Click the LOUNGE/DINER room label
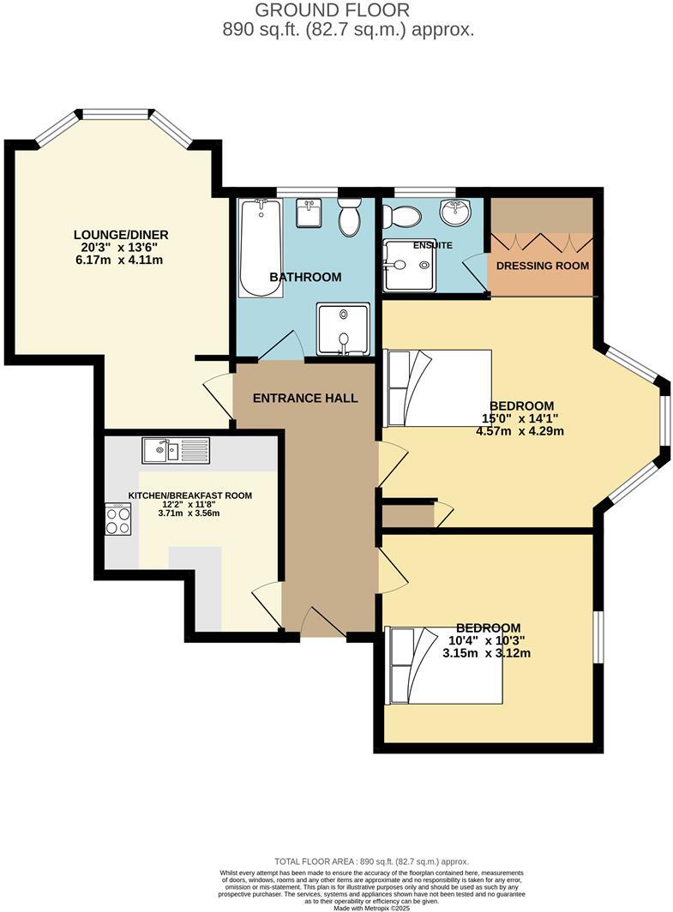[121, 235]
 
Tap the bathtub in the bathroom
[261, 248]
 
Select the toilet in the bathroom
[349, 218]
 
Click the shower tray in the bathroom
[344, 328]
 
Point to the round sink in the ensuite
[455, 212]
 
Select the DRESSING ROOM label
[543, 266]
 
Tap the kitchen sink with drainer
[176, 449]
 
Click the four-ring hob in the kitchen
[117, 519]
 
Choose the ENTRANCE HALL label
[304, 399]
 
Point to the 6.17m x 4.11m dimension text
[121, 261]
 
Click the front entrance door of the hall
[323, 623]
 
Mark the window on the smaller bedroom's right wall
[598, 639]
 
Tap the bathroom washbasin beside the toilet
[309, 213]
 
